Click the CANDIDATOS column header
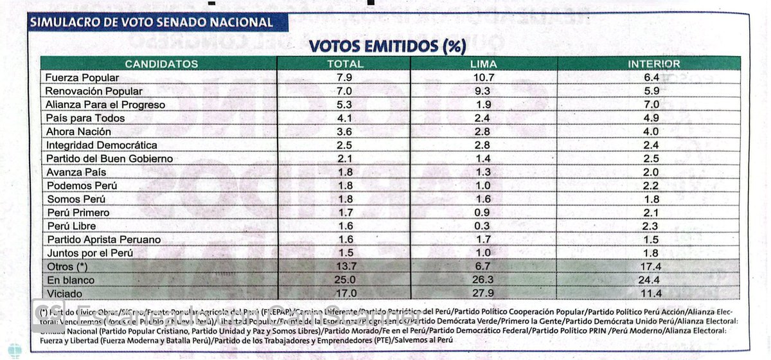pos(161,64)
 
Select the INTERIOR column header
pos(654,64)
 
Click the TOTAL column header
pos(345,64)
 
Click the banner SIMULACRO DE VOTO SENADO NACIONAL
pos(151,22)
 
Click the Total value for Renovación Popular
pos(345,91)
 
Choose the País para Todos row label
pos(85,118)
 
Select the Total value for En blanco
pos(345,280)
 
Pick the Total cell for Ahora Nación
pos(345,132)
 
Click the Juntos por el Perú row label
pos(89,253)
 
